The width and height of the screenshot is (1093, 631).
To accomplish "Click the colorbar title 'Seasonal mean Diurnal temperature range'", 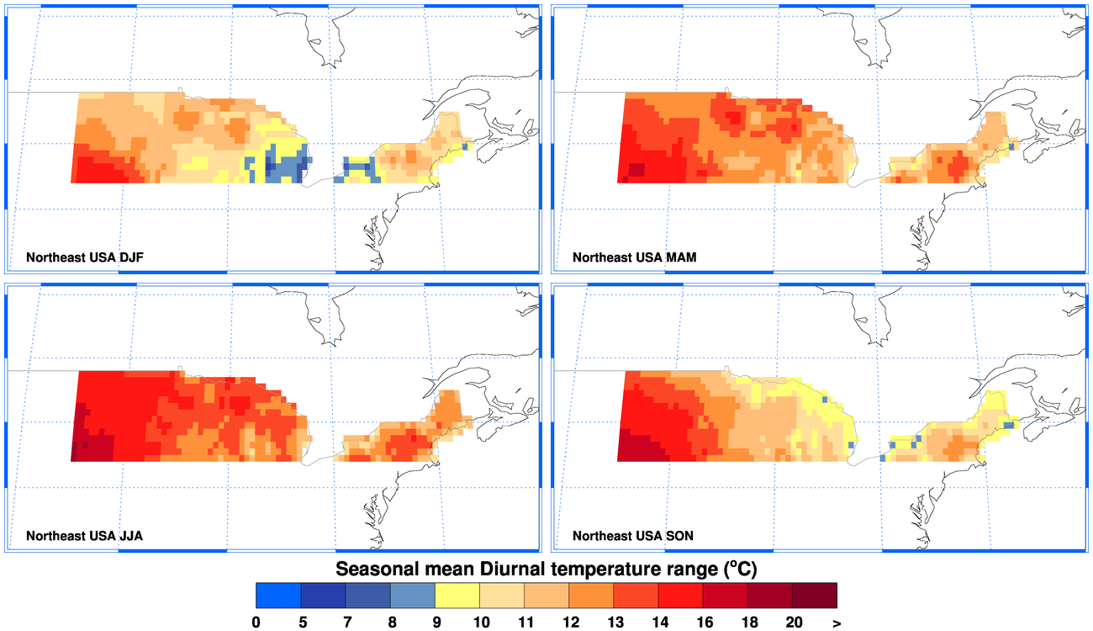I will pos(546,569).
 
